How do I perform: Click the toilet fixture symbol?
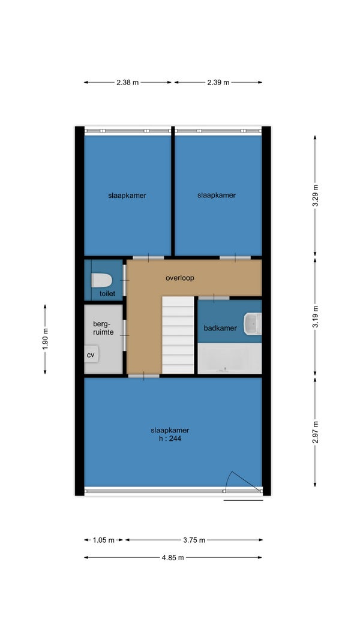pos(101,280)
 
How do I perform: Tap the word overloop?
pos(179,278)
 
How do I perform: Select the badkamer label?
pos(220,328)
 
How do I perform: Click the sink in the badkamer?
pos(252,323)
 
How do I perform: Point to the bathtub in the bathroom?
pos(229,358)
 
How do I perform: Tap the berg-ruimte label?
pos(103,327)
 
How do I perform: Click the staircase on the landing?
pos(178,335)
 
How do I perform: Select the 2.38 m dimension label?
pos(127,82)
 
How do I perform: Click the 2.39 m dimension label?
pos(218,82)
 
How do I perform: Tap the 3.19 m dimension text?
pos(315,316)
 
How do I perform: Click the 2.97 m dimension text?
pos(315,432)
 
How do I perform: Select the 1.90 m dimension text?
pos(46,339)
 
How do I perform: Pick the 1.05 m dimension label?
pos(104,540)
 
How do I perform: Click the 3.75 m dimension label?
pos(194,540)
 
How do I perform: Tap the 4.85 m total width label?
pos(173,558)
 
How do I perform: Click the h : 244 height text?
pos(170,439)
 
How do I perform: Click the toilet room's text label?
pos(108,293)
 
